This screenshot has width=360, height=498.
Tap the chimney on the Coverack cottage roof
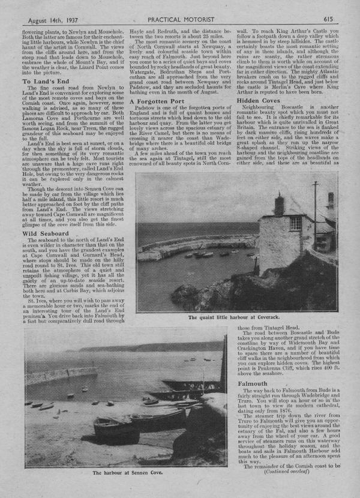pyautogui.click(x=279, y=203)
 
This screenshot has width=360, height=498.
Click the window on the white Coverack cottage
pyautogui.click(x=296, y=223)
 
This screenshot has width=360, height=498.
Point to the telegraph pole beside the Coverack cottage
pyautogui.click(x=314, y=210)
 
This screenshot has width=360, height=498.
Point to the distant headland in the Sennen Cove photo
pyautogui.click(x=150, y=346)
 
